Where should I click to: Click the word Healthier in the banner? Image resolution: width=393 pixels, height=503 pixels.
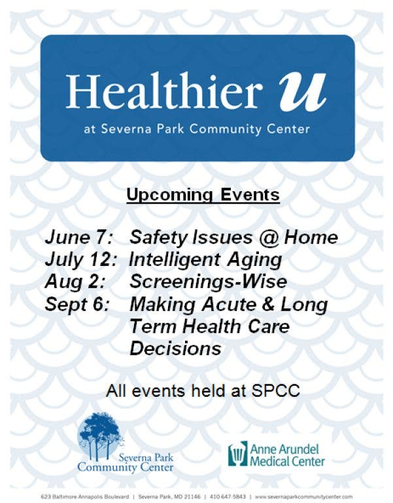(164, 90)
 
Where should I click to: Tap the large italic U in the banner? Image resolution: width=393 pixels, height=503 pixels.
(302, 92)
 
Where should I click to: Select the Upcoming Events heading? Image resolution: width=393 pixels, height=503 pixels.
(203, 195)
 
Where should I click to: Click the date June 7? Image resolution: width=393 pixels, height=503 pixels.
(78, 237)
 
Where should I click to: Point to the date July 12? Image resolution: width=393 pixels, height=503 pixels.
(80, 259)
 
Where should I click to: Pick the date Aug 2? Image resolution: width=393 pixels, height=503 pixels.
(75, 282)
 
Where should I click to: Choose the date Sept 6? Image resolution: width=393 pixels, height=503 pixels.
(77, 304)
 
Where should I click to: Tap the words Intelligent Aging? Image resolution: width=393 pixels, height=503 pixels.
(205, 260)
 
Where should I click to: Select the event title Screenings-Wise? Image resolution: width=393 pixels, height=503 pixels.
(208, 282)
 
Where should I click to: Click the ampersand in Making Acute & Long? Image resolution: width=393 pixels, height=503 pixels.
(268, 304)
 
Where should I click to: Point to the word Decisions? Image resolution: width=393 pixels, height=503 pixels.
(175, 348)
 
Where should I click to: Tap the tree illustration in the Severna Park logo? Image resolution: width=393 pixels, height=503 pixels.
(101, 435)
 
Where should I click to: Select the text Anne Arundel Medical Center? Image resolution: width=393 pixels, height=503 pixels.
(287, 455)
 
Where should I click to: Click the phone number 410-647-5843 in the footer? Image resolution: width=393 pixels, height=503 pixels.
(228, 496)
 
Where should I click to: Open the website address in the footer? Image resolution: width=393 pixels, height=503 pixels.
(303, 496)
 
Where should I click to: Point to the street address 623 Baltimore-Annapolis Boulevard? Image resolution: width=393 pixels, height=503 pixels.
(85, 496)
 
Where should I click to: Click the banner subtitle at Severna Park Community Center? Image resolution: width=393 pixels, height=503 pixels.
(197, 129)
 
